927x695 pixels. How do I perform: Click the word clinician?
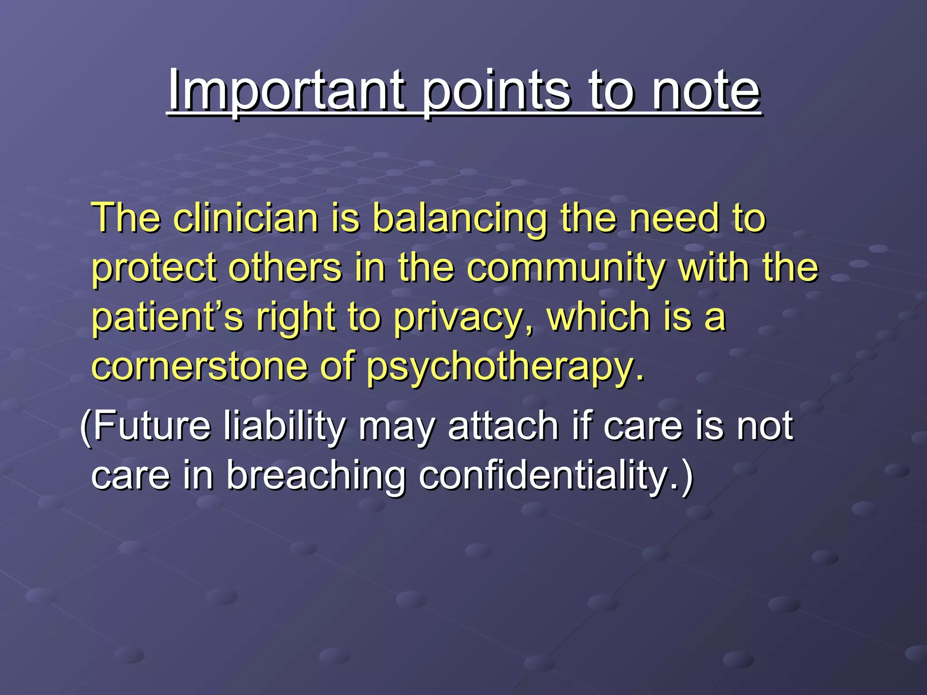pos(246,218)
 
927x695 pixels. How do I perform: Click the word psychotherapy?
pos(504,367)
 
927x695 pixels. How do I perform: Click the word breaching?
pos(315,476)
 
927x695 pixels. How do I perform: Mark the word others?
pos(285,268)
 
